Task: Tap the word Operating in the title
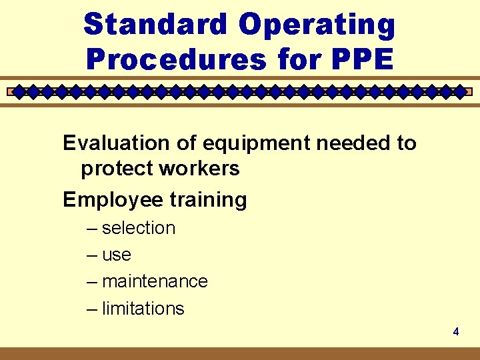[317, 25]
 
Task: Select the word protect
[117, 169]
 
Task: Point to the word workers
[199, 169]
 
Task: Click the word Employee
[108, 200]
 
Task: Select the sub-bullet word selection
[139, 228]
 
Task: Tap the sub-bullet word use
[117, 255]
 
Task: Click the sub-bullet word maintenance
[155, 281]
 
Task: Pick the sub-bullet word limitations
[143, 309]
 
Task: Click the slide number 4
[456, 331]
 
